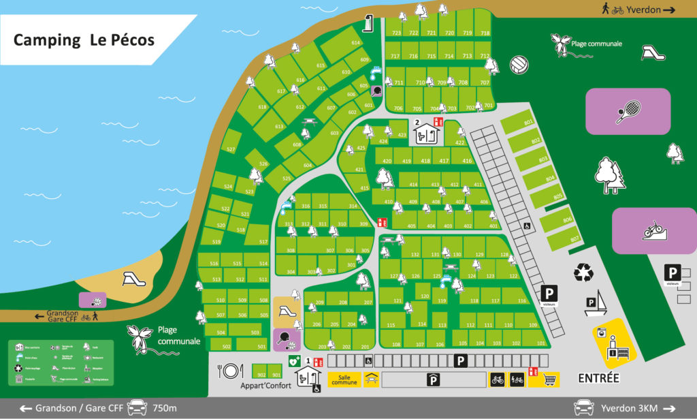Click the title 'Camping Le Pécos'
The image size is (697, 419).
pyautogui.click(x=84, y=40)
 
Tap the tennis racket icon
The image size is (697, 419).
pyautogui.click(x=628, y=111)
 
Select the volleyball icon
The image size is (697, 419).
pyautogui.click(x=519, y=65)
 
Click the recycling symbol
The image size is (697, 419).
pyautogui.click(x=583, y=273)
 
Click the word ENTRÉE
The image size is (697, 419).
pyautogui.click(x=598, y=377)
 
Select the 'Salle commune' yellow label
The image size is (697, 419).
pyautogui.click(x=344, y=379)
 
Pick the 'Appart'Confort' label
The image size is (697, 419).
pyautogui.click(x=266, y=386)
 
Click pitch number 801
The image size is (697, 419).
pyautogui.click(x=528, y=122)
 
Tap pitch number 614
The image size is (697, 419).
pyautogui.click(x=355, y=42)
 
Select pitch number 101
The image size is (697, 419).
pyautogui.click(x=541, y=343)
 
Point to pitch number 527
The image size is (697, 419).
pyautogui.click(x=231, y=149)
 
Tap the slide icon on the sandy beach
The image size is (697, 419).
pyautogui.click(x=130, y=278)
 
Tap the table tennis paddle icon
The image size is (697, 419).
pyautogui.click(x=282, y=338)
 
